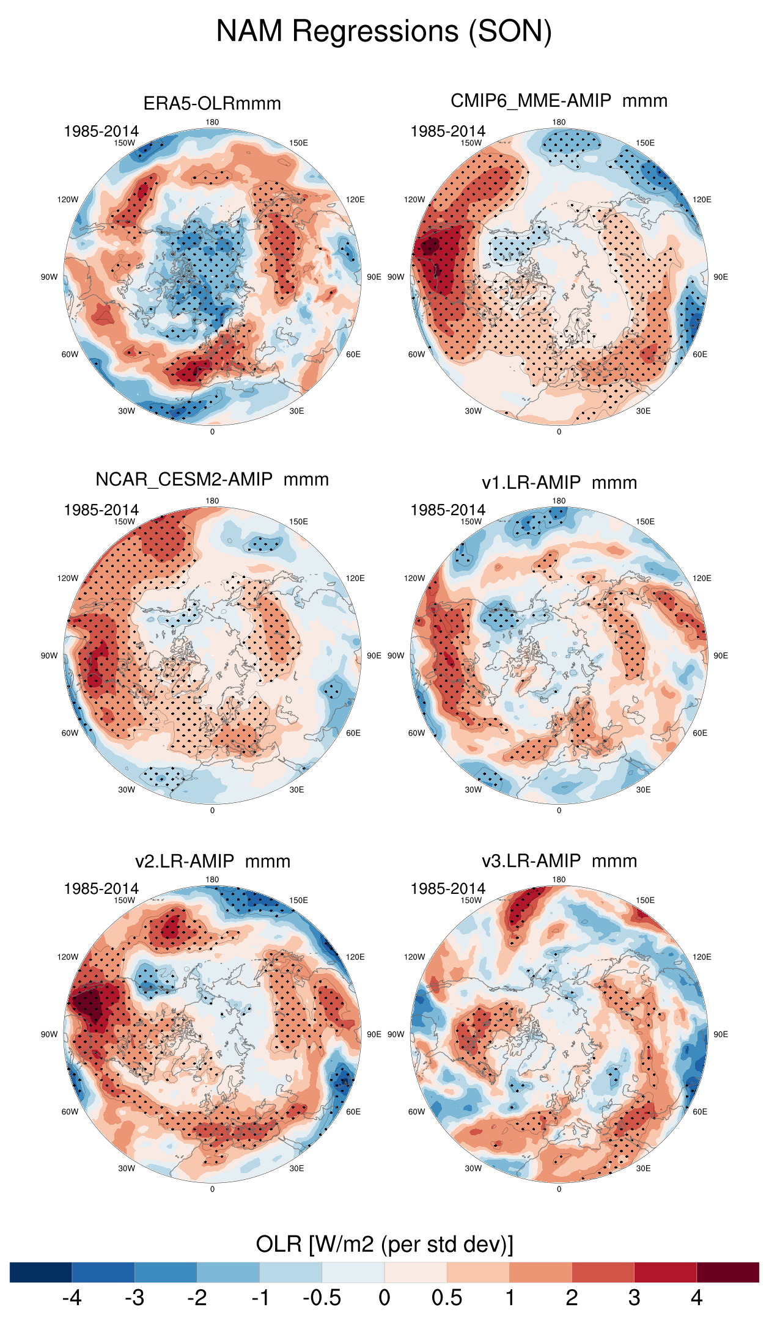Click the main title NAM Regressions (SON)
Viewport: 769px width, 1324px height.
(384, 31)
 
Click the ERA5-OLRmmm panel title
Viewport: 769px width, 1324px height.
(212, 103)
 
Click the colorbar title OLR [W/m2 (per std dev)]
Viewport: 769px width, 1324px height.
(384, 1244)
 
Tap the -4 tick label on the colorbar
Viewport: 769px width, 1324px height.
(72, 1298)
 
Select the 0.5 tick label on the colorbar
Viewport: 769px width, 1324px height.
(447, 1298)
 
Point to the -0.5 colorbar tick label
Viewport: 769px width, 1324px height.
(322, 1298)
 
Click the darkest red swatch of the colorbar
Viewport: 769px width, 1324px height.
(727, 1272)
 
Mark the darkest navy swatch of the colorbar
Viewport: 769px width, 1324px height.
(41, 1272)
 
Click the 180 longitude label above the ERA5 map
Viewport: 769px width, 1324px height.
(212, 122)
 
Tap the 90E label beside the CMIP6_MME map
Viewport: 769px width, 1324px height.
(721, 277)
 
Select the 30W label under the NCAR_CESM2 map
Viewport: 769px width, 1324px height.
(127, 789)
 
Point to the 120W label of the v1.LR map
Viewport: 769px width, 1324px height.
(414, 578)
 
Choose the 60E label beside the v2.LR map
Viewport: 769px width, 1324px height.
(353, 1111)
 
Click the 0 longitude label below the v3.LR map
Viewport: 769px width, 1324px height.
(559, 1189)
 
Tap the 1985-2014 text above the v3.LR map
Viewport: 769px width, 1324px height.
(447, 888)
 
